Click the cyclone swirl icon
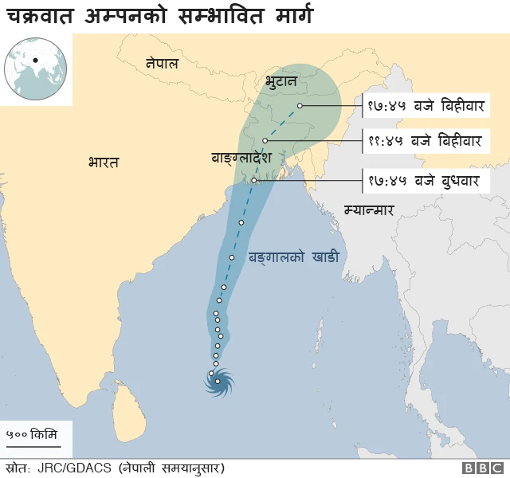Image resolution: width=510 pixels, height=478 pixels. click(x=218, y=382)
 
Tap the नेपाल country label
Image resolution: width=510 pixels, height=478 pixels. click(x=162, y=63)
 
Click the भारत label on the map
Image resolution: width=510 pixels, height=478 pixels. click(x=104, y=163)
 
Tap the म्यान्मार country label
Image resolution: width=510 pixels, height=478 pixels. click(x=369, y=210)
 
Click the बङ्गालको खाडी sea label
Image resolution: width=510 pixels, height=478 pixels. click(x=294, y=257)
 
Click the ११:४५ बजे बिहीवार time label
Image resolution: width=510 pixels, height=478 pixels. click(x=425, y=142)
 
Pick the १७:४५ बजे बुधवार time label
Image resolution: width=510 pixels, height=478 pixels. click(x=423, y=182)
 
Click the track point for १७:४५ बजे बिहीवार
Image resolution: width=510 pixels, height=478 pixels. click(x=300, y=106)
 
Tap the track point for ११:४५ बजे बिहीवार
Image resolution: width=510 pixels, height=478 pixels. click(x=264, y=140)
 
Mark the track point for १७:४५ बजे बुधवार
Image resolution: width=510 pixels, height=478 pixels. click(x=254, y=181)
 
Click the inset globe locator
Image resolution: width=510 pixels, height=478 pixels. click(x=35, y=69)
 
